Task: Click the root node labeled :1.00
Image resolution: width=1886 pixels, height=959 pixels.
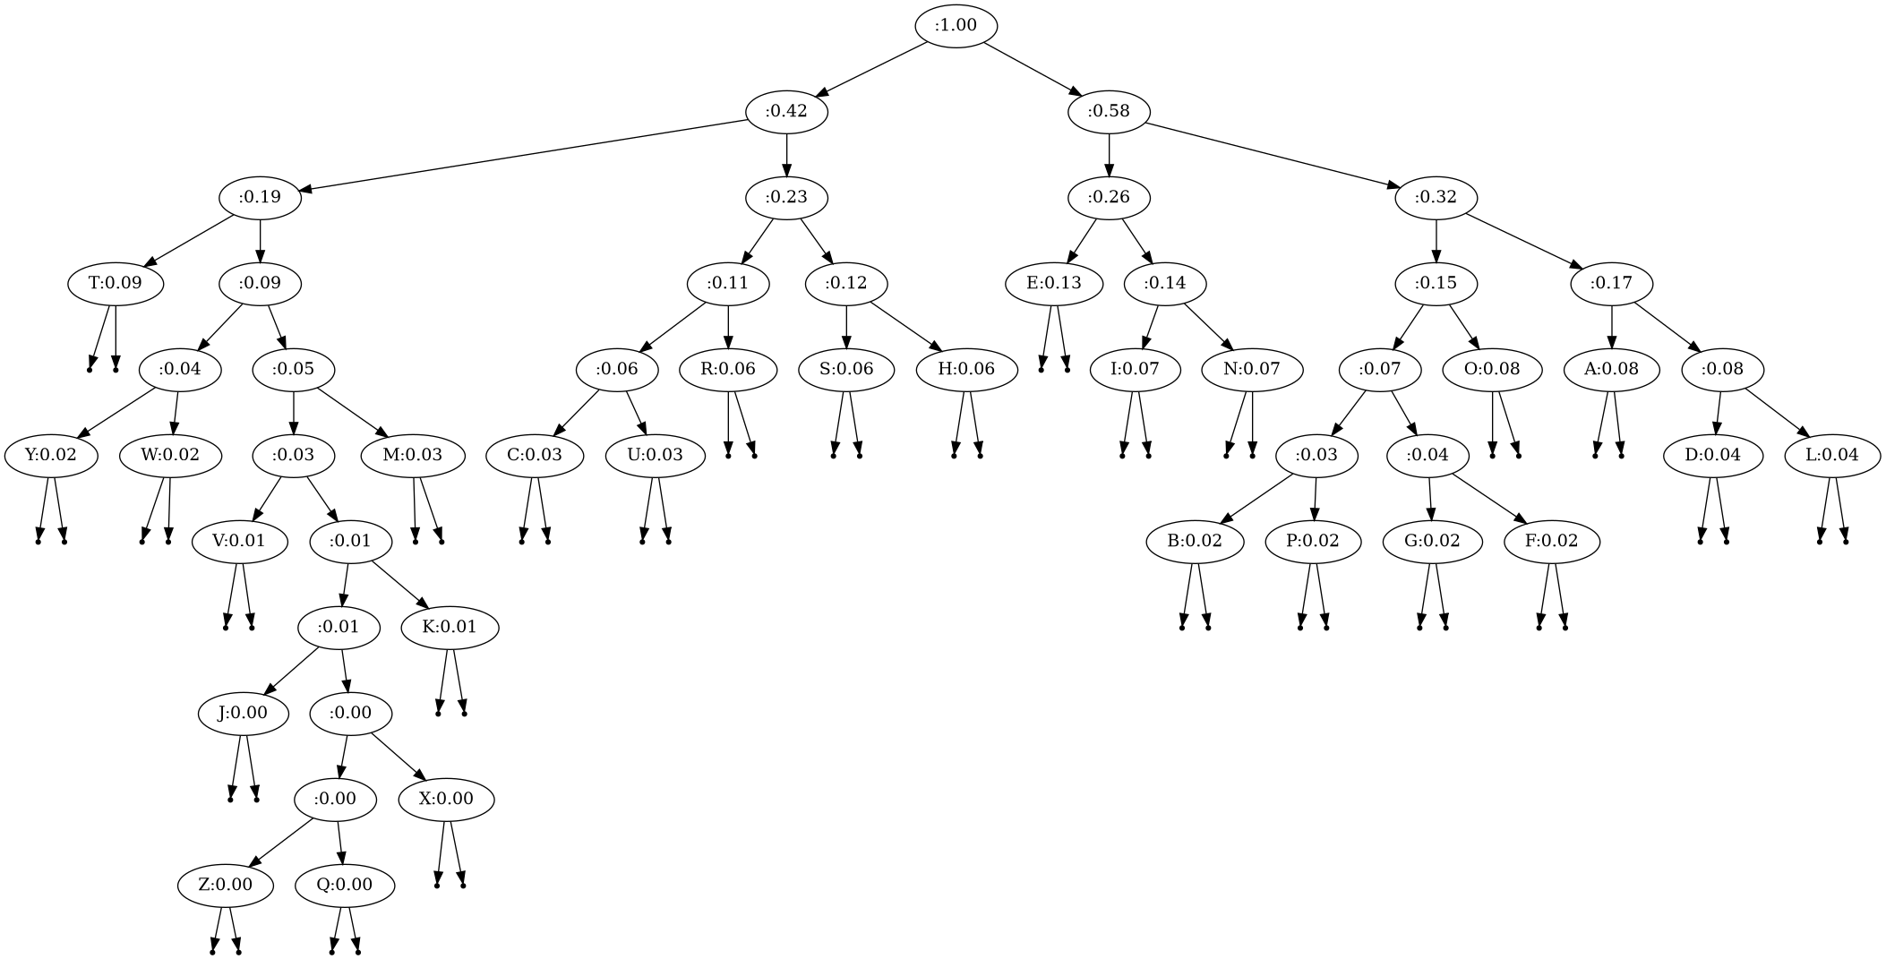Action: pyautogui.click(x=956, y=25)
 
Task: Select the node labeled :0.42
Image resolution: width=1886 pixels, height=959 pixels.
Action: pyautogui.click(x=786, y=111)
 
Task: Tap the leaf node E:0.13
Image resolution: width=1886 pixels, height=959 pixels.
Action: pyautogui.click(x=1053, y=283)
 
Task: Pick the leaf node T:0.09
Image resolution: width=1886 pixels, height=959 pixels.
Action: pyautogui.click(x=116, y=283)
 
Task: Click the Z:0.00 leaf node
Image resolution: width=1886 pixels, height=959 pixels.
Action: pyautogui.click(x=225, y=885)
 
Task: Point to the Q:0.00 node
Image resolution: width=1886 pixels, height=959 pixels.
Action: pyautogui.click(x=345, y=885)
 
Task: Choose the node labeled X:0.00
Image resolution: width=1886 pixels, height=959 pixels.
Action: pyautogui.click(x=446, y=799)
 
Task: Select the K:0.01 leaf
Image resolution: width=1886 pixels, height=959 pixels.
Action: pyautogui.click(x=450, y=627)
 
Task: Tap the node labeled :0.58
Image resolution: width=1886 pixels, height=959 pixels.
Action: pyautogui.click(x=1109, y=111)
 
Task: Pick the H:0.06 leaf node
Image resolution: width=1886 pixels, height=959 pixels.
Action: pyautogui.click(x=967, y=369)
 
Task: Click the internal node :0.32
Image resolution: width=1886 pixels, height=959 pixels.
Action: pyautogui.click(x=1436, y=197)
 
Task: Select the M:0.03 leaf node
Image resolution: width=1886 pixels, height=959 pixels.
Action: pyautogui.click(x=413, y=455)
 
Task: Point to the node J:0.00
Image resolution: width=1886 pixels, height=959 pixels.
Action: pyautogui.click(x=243, y=713)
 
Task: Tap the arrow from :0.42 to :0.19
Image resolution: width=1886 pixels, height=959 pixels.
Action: pyautogui.click(x=528, y=154)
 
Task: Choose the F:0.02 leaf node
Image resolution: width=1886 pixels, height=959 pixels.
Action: pyautogui.click(x=1553, y=541)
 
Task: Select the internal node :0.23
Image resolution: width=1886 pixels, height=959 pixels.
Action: pyautogui.click(x=786, y=197)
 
